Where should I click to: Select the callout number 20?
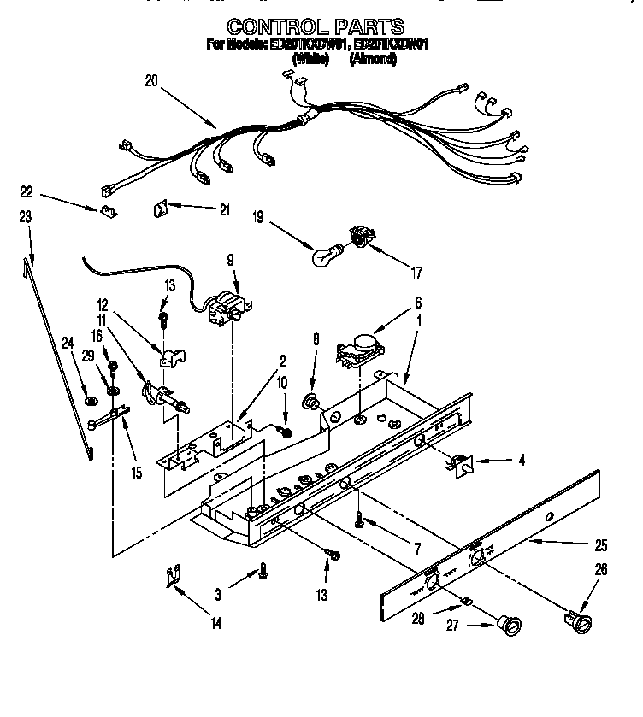coord(151,81)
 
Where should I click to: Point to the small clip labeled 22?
coord(108,209)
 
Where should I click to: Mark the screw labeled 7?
coord(360,517)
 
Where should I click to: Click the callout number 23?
coord(26,217)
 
